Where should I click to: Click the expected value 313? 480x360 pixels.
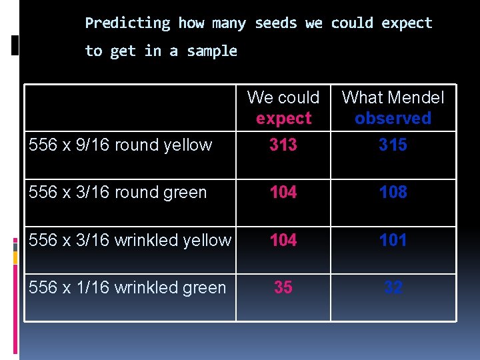click(x=283, y=145)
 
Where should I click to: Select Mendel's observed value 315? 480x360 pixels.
click(x=393, y=145)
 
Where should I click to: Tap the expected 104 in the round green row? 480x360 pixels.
click(x=283, y=193)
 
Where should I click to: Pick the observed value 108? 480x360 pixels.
click(x=393, y=193)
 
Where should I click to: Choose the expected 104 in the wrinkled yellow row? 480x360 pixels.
click(x=283, y=240)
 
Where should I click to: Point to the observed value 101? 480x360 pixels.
click(x=393, y=240)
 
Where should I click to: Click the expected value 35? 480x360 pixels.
click(x=283, y=287)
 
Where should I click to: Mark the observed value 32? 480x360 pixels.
click(x=393, y=287)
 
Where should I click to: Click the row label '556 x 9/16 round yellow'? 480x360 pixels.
click(x=121, y=145)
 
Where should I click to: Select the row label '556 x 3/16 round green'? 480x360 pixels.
click(x=118, y=193)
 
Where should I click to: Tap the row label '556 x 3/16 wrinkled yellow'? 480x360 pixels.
click(x=130, y=240)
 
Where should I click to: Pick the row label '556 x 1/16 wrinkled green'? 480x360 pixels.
click(x=127, y=288)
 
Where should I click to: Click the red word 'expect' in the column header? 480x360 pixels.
click(x=283, y=119)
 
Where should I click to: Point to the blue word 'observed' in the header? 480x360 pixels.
click(x=393, y=119)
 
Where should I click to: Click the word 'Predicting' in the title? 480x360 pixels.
click(x=128, y=23)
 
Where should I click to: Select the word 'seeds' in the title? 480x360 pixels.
click(x=276, y=23)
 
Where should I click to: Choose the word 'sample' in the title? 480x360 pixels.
click(x=212, y=51)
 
